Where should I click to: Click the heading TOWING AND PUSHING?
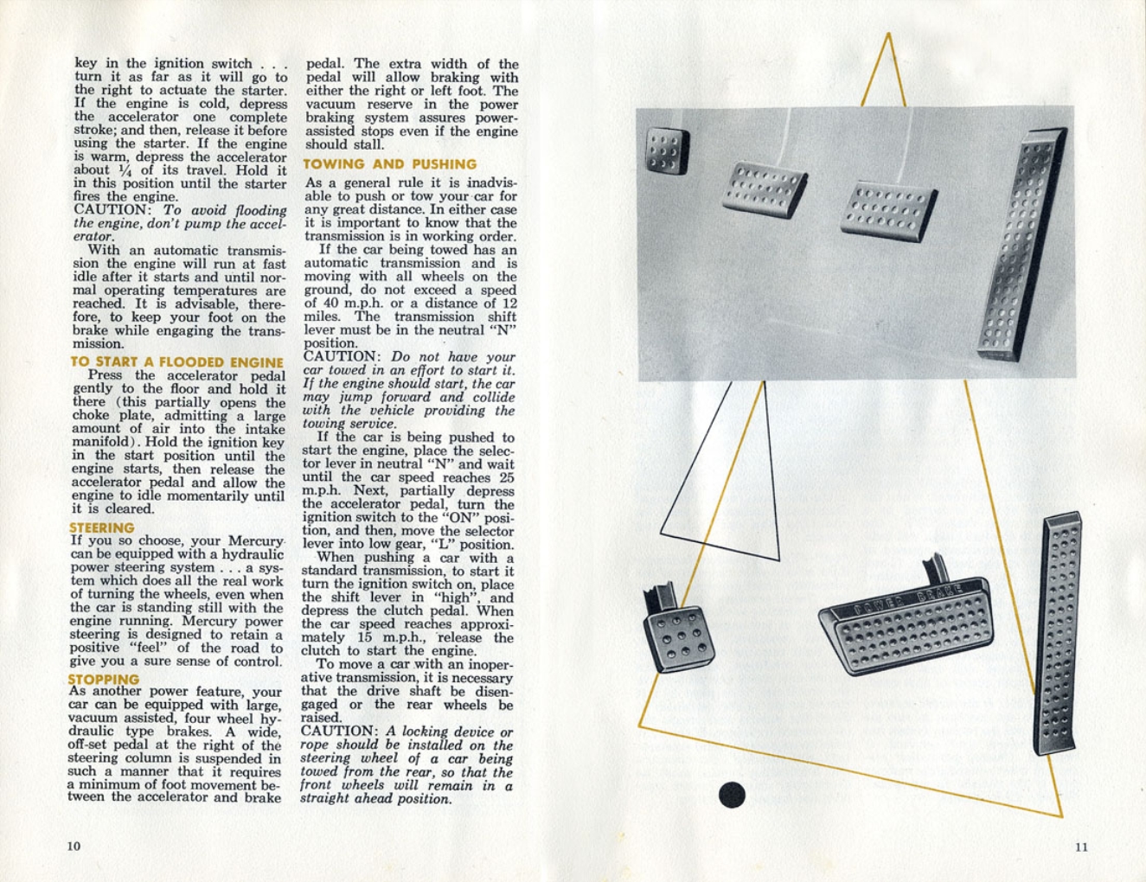(x=389, y=164)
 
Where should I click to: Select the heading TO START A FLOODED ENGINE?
(x=176, y=362)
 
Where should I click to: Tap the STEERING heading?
(x=102, y=527)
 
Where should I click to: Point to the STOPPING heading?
(x=104, y=680)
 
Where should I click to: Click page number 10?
(x=74, y=846)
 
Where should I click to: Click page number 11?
(x=1081, y=847)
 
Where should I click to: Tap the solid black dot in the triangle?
(x=732, y=795)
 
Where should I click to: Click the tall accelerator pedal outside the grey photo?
(x=1057, y=631)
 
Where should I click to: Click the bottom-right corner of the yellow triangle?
(x=1061, y=815)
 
